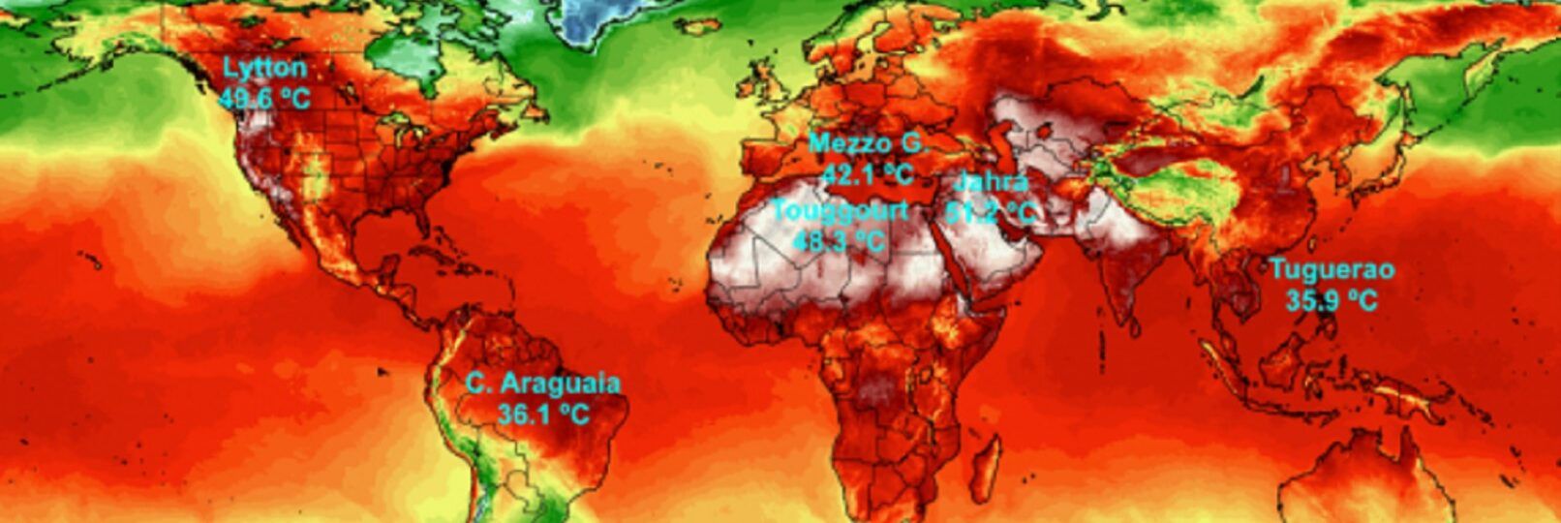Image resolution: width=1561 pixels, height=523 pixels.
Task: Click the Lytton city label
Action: [x=264, y=69]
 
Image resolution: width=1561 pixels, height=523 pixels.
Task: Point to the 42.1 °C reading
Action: [x=868, y=174]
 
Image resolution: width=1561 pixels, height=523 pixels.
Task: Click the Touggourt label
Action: [x=841, y=210]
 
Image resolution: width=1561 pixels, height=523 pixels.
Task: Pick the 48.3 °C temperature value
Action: [x=839, y=240]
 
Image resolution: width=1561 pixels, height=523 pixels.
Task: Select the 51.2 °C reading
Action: [x=990, y=211]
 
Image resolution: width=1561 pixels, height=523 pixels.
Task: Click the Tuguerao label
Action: [x=1331, y=269]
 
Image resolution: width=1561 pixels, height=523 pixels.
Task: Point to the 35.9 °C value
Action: [x=1331, y=300]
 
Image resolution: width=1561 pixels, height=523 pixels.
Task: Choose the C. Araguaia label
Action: [x=542, y=384]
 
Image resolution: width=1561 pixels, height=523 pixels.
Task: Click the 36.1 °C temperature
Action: [x=543, y=414]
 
